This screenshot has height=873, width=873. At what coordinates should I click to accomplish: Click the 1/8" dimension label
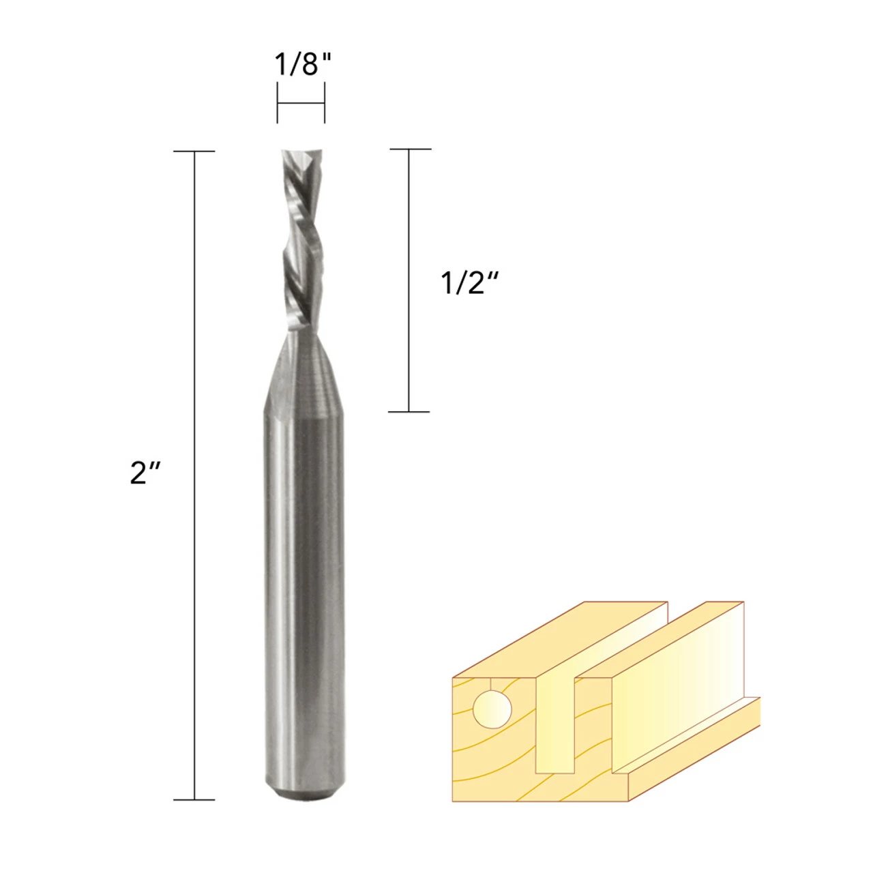pos(304,64)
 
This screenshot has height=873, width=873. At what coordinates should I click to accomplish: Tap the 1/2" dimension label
pos(469,284)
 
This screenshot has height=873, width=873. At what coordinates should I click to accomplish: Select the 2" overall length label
pos(145,473)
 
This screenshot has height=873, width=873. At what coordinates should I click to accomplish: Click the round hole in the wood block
pos(492,709)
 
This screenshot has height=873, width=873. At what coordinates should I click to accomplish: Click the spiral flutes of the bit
pos(301,240)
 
